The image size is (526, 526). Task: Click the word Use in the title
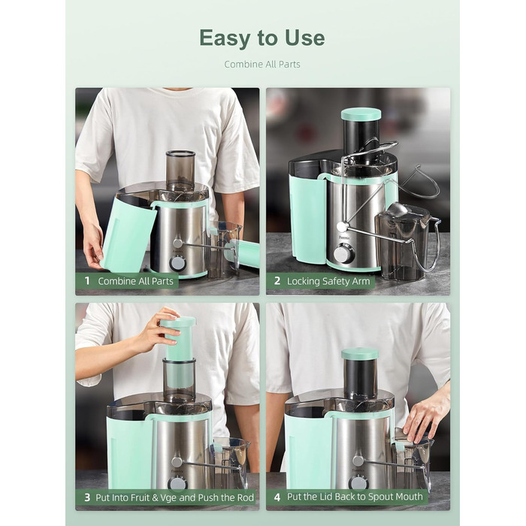pos(304,38)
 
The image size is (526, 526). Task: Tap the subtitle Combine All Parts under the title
pos(262,64)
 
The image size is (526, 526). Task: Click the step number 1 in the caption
pos(87,281)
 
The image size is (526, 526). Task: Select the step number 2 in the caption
pos(277,281)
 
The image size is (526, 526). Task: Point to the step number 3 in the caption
pos(87,497)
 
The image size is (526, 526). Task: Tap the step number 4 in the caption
pos(277,497)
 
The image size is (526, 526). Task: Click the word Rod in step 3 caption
pos(246,497)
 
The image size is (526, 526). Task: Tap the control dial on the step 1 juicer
pos(177,263)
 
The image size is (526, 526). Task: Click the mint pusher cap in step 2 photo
pos(361,114)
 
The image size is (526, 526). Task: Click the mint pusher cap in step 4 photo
pos(360,354)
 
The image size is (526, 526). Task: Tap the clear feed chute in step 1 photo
pos(180,171)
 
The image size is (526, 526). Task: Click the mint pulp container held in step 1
pos(128,234)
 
